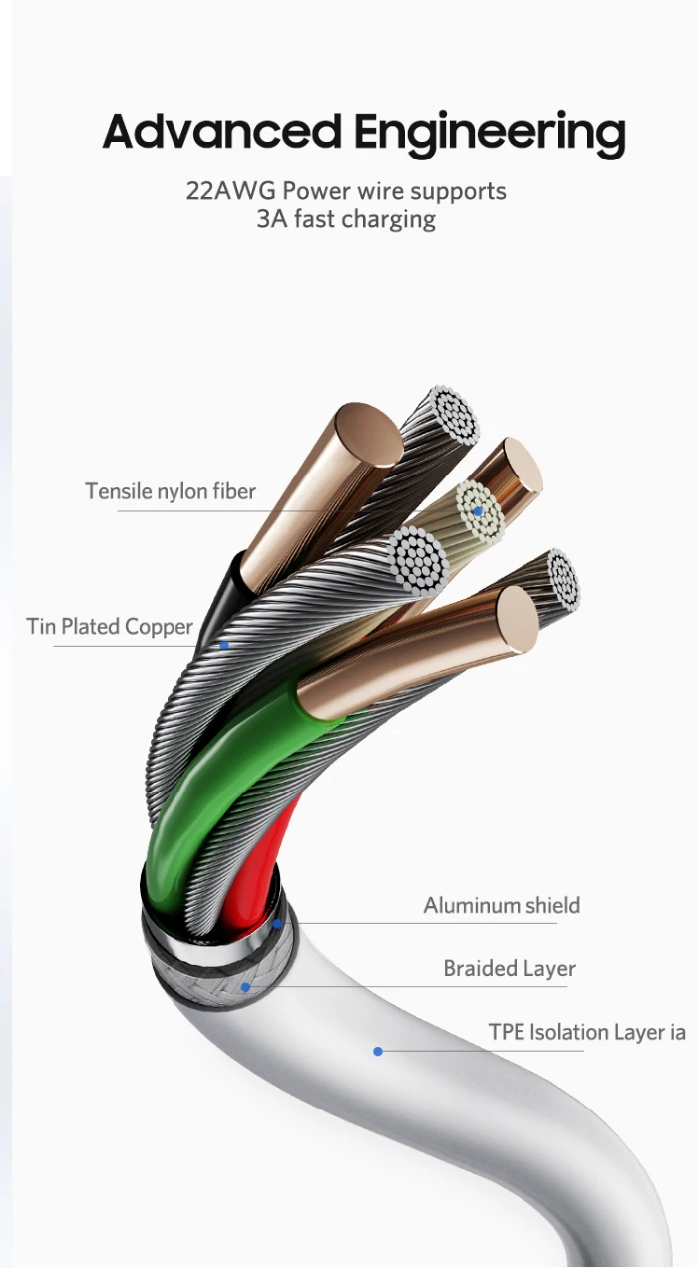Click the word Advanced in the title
tap(221, 133)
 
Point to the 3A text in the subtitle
tap(272, 219)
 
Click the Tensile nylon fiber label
tap(171, 491)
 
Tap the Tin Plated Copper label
tap(110, 627)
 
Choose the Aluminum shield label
tap(502, 906)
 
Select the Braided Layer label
tap(510, 969)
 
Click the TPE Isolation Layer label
tap(586, 1033)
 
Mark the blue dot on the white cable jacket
tap(378, 1051)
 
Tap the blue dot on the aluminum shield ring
tap(277, 923)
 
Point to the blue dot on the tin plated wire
tap(225, 645)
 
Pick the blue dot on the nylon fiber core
tap(478, 512)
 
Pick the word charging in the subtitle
tap(390, 219)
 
